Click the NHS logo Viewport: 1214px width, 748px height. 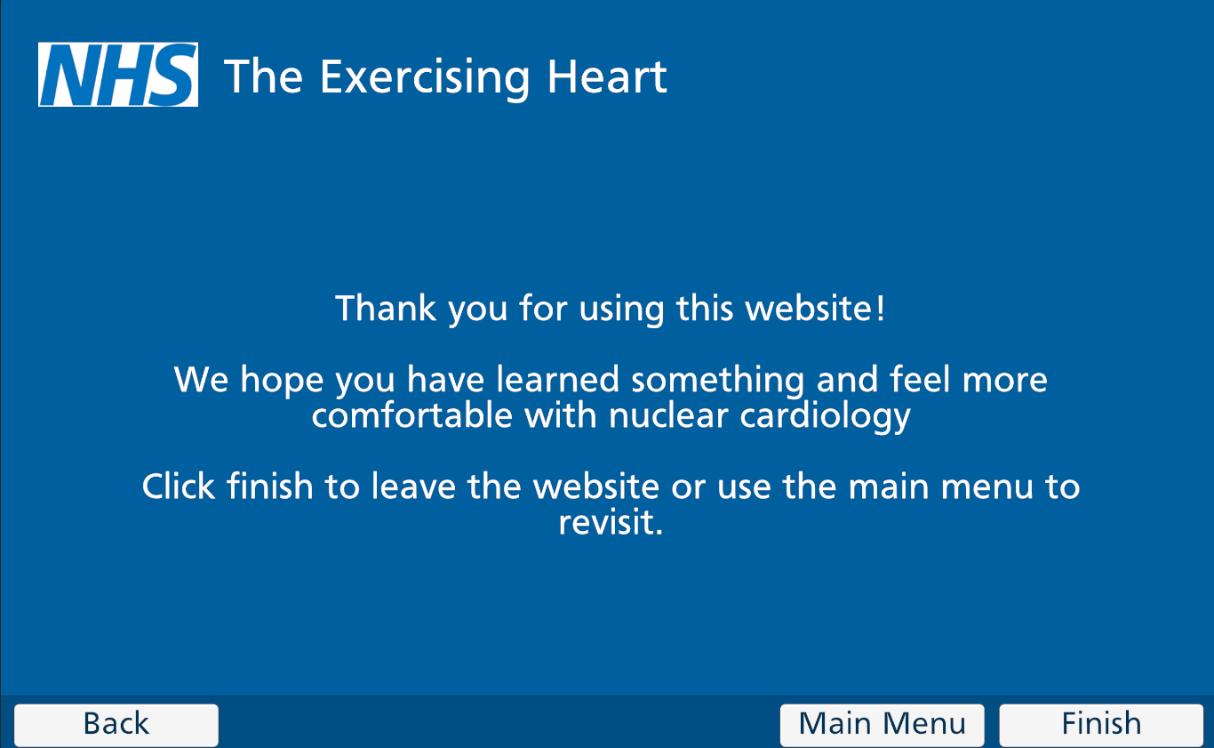118,75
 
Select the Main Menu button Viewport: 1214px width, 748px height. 882,725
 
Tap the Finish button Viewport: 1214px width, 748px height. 1101,725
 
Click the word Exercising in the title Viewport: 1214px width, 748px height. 424,78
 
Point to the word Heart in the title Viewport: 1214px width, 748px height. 607,76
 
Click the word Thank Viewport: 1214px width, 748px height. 386,308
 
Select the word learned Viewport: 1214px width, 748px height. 558,379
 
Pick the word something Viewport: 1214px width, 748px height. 718,381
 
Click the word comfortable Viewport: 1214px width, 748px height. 412,415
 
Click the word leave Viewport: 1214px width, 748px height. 413,486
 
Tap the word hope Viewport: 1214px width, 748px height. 282,381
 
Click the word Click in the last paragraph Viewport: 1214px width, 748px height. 179,486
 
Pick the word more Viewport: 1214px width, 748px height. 1005,381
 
